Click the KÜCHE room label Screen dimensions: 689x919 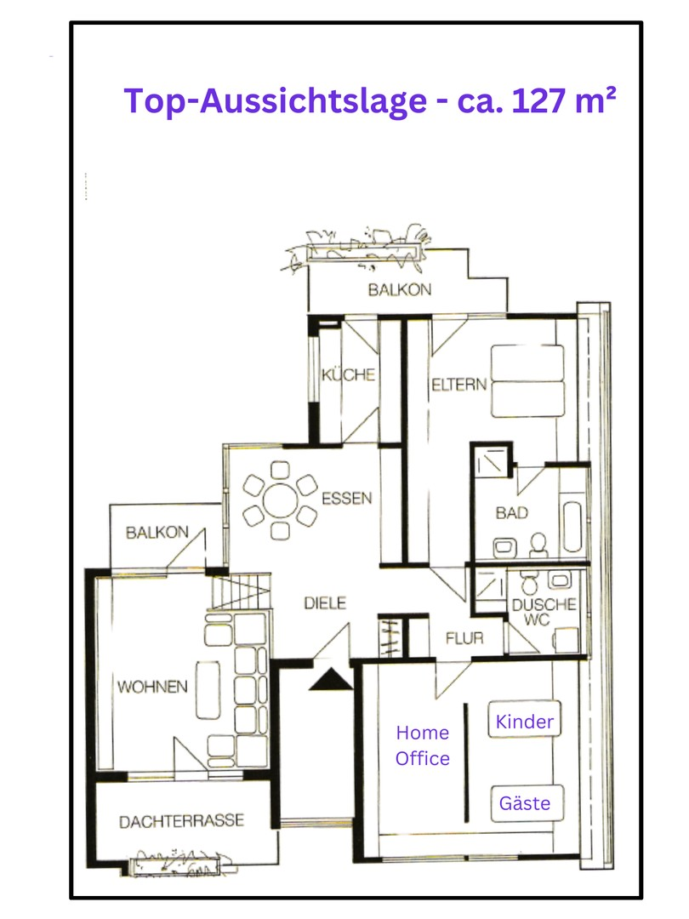click(x=348, y=374)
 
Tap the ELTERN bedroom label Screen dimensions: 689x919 click(x=458, y=385)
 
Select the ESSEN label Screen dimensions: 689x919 click(x=347, y=498)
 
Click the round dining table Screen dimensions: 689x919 click(x=280, y=500)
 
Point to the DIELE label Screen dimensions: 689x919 click(x=325, y=602)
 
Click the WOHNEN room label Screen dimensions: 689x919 click(x=152, y=687)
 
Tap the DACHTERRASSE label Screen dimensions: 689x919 click(x=182, y=820)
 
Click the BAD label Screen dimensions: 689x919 click(x=511, y=513)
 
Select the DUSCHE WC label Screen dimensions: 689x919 click(x=544, y=611)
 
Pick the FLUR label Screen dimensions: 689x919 click(x=464, y=637)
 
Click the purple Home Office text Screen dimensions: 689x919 click(x=423, y=745)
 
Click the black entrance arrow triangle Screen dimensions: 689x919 click(x=330, y=680)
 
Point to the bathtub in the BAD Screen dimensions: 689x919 click(x=572, y=527)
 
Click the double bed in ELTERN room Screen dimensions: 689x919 click(x=527, y=381)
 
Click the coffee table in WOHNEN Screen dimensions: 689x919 click(x=208, y=690)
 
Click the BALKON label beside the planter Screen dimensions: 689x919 click(x=400, y=289)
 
